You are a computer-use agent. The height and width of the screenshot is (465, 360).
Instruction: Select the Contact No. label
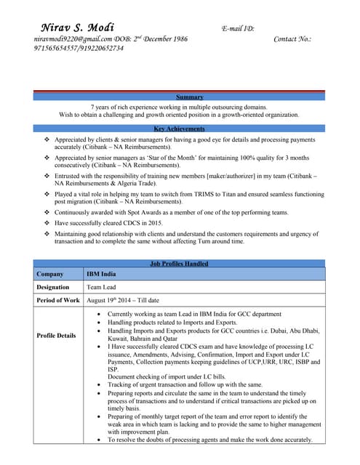pyautogui.click(x=292, y=39)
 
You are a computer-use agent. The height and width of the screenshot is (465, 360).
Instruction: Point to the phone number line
pyautogui.click(x=79, y=48)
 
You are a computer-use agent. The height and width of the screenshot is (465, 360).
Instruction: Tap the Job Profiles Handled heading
pyautogui.click(x=180, y=263)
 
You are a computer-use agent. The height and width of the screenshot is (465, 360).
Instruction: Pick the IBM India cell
pyautogui.click(x=102, y=275)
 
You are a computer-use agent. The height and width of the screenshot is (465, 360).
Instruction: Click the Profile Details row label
pyautogui.click(x=57, y=336)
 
